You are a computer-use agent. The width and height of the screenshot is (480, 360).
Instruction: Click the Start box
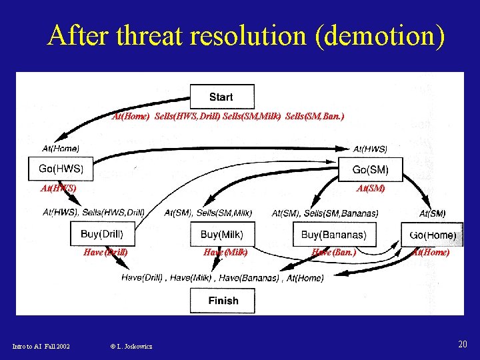[x=221, y=97]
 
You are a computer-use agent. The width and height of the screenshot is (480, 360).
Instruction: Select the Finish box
[x=223, y=301]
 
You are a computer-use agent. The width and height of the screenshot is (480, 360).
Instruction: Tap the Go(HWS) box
[x=61, y=169]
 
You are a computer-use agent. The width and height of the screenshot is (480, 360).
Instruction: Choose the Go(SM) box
[x=370, y=169]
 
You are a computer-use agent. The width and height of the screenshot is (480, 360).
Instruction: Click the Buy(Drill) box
[x=102, y=234]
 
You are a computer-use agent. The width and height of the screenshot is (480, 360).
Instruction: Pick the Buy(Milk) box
[x=221, y=235]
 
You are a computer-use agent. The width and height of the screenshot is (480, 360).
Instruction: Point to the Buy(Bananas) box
[x=333, y=235]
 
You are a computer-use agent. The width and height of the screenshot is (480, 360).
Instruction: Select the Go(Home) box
[x=433, y=235]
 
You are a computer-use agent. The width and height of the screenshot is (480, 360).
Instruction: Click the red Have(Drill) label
[x=105, y=253]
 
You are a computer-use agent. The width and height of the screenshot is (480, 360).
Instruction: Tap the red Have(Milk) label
[x=225, y=253]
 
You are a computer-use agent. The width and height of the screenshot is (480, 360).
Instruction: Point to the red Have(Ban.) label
[x=334, y=253]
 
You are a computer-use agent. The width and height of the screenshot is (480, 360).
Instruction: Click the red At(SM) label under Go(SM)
[x=371, y=189]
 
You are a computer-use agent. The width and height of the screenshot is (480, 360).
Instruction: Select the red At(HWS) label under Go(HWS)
[x=58, y=189]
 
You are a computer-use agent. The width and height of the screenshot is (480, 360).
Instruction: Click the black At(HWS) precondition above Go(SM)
[x=370, y=149]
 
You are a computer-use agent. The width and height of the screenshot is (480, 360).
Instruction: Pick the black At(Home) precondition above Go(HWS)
[x=60, y=148]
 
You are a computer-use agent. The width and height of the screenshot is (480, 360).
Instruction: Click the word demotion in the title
[x=379, y=35]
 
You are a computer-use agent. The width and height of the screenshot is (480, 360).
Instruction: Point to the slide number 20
[x=462, y=344]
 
